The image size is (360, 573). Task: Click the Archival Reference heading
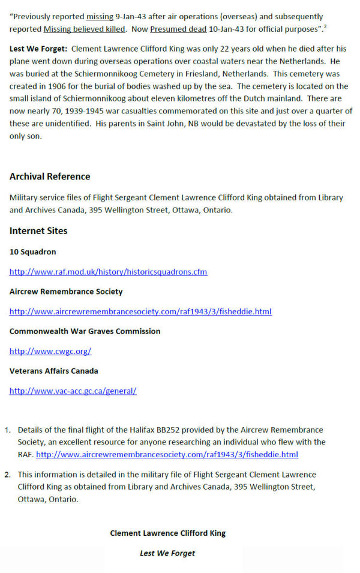pos(50,176)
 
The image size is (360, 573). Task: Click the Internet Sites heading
pos(38,231)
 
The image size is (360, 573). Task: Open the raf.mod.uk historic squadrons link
pos(108,272)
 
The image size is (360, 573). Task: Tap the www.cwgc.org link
pos(50,351)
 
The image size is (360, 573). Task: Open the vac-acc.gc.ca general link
pos(73,391)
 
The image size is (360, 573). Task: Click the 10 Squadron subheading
pos(32,252)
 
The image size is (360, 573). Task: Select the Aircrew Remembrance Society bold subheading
pos(66,292)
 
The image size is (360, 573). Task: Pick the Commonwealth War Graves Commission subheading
pos(85,331)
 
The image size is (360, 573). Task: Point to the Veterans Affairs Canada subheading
pos(53,371)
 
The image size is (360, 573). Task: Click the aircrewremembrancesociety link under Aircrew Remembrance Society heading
pos(140,311)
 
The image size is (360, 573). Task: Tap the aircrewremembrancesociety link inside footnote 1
pos(167,454)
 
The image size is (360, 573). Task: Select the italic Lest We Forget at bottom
pos(167,553)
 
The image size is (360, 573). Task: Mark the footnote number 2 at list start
pos(7,475)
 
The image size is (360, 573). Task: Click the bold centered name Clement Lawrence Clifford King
pos(167,533)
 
